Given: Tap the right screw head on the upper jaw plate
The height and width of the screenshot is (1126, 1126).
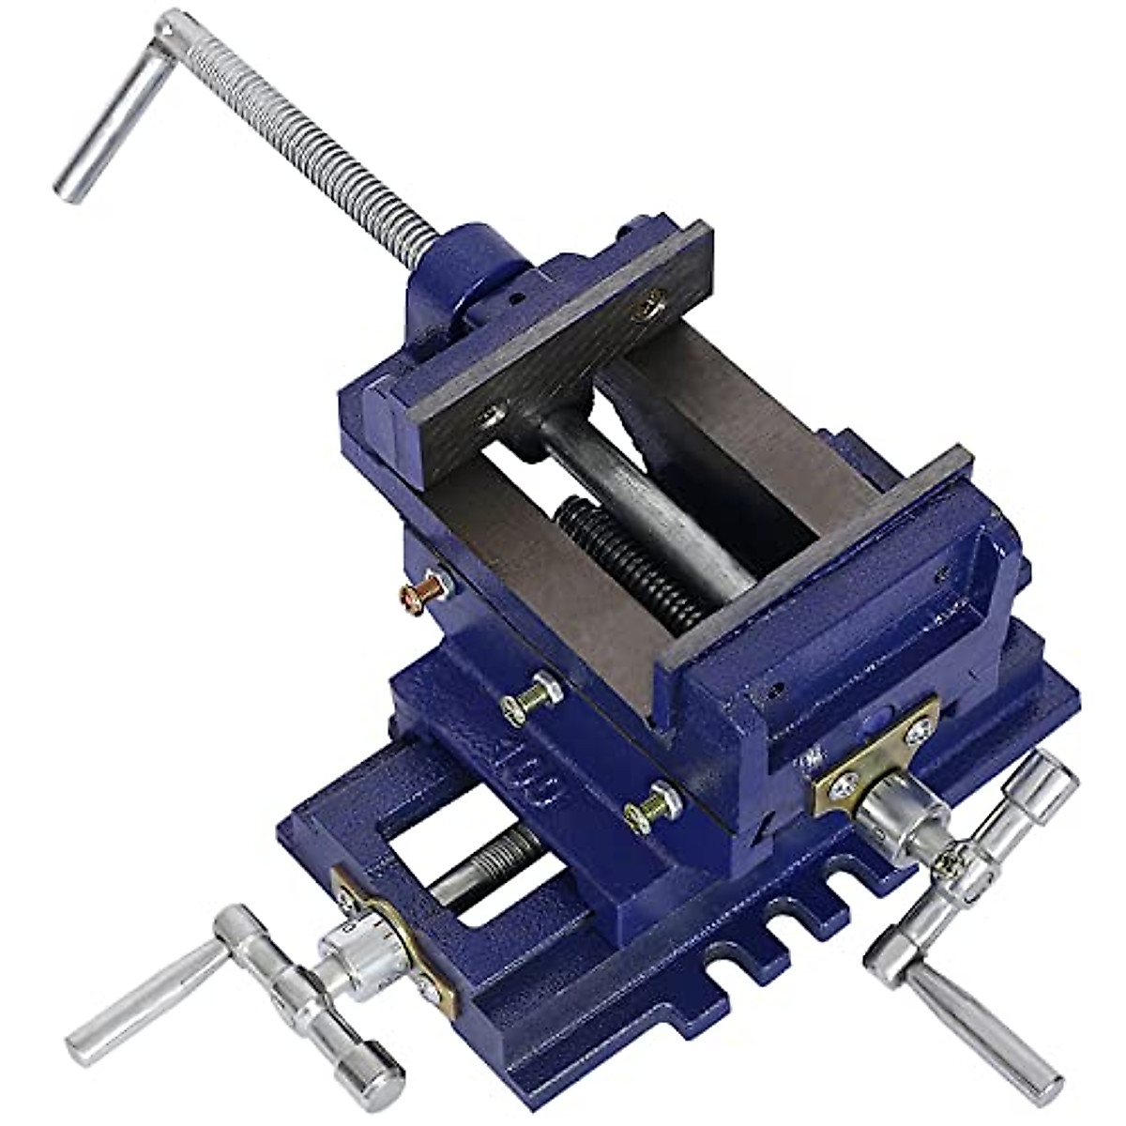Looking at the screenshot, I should (647, 303).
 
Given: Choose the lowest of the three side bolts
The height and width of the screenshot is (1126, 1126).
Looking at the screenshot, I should (652, 805).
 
